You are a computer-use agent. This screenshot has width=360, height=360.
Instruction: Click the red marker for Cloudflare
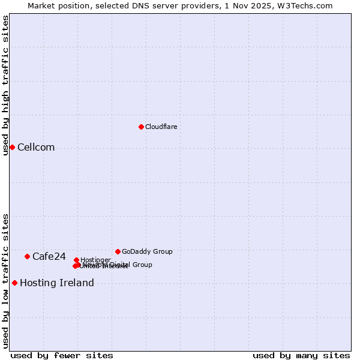click(x=141, y=127)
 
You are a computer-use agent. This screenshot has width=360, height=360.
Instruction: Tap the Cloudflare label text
click(x=161, y=127)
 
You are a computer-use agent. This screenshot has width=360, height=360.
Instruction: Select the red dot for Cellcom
click(x=12, y=147)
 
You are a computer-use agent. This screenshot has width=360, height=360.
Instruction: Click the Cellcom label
click(x=36, y=148)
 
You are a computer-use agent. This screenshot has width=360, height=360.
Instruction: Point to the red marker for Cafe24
click(x=27, y=256)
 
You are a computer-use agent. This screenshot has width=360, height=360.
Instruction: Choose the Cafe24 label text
click(x=49, y=257)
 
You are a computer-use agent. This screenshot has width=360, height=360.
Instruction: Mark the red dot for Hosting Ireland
click(x=14, y=283)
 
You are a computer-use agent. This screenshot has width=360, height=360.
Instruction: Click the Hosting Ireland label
click(x=57, y=283)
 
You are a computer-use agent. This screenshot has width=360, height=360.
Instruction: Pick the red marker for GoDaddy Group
click(x=118, y=251)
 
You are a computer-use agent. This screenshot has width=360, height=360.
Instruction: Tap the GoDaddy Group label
click(x=147, y=251)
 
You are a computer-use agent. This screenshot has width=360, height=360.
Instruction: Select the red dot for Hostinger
click(x=76, y=260)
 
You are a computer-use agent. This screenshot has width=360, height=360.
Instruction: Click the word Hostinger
click(x=95, y=260)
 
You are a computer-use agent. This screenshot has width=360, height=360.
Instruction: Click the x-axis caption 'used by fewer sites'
click(x=62, y=355)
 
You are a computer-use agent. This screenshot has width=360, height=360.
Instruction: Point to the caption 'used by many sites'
click(x=301, y=355)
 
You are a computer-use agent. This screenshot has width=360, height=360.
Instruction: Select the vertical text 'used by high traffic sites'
click(x=5, y=85)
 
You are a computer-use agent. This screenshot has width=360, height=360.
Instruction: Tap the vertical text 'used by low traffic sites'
click(x=5, y=281)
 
